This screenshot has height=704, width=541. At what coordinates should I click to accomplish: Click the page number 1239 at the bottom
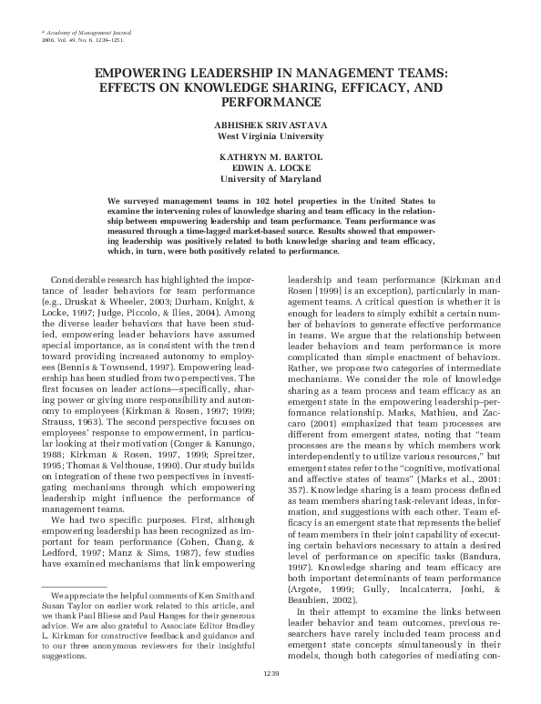tap(270, 673)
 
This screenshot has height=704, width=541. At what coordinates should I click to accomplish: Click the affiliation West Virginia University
tap(270, 136)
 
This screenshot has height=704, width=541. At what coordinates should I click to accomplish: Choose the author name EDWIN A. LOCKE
tap(270, 166)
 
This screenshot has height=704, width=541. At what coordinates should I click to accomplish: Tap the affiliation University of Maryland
tap(270, 178)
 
